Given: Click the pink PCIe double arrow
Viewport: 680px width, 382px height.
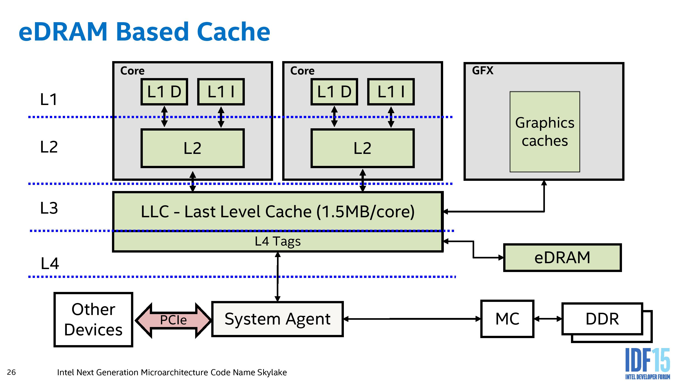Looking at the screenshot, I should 173,320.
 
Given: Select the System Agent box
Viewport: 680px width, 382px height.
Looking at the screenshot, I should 277,319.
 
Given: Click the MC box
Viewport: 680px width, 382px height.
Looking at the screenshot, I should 507,319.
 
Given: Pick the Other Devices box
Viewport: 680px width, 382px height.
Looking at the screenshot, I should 93,319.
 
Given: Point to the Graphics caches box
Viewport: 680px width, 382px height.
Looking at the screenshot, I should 545,132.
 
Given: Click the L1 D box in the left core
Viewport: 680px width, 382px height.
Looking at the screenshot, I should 164,92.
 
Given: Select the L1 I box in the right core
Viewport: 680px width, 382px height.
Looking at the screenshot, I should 391,92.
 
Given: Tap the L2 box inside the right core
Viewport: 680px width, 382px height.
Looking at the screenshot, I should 362,148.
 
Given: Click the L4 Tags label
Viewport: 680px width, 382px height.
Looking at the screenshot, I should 277,241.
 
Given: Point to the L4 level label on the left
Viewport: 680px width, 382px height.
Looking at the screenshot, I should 50,263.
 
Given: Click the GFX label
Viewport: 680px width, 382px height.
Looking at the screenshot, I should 483,71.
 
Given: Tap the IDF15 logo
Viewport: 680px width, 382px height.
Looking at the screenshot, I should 647,363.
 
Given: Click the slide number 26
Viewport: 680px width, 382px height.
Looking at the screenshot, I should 11,372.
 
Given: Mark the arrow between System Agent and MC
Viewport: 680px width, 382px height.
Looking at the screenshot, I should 412,319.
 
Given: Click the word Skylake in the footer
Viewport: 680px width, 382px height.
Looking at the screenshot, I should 272,372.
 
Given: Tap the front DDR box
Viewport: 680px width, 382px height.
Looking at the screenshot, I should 602,319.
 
